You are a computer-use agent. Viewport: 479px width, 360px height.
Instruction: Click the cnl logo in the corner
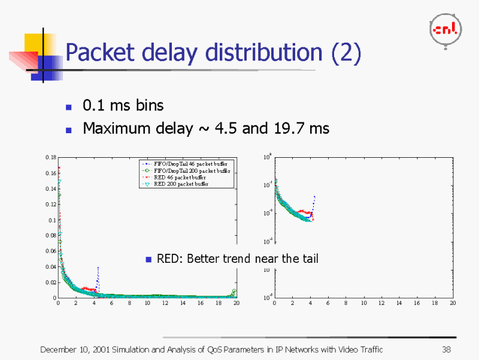[x=443, y=30]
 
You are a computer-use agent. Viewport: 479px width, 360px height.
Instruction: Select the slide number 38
[x=445, y=350]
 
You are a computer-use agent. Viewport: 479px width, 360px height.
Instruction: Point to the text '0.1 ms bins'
[x=123, y=106]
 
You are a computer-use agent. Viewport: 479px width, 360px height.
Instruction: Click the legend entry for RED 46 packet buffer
[x=180, y=178]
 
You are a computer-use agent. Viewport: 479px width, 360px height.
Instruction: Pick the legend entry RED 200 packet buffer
[x=181, y=184]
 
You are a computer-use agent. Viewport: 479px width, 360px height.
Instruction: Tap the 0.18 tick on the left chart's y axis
[x=50, y=157]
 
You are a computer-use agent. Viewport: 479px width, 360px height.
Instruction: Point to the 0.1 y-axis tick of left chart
[x=52, y=220]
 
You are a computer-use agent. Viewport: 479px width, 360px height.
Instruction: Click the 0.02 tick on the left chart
[x=50, y=282]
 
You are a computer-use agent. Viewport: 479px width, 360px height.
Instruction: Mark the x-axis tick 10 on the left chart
[x=147, y=304]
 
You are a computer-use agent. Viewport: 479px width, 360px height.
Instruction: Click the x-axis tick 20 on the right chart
[x=453, y=304]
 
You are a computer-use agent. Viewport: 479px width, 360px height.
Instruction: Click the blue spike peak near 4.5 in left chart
[x=98, y=268]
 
